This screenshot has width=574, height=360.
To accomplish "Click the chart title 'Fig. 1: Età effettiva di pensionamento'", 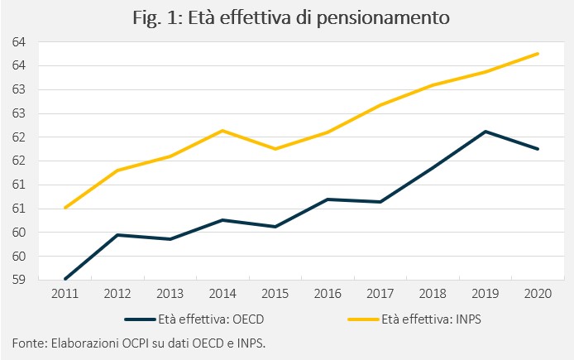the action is click(291, 18).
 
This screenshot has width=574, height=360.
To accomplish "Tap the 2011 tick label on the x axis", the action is click(65, 294).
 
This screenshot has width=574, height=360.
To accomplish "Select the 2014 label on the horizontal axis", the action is click(222, 294).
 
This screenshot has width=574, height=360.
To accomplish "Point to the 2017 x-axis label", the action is click(380, 294).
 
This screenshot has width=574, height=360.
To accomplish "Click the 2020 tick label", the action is click(538, 294).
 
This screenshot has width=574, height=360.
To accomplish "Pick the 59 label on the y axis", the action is click(19, 280).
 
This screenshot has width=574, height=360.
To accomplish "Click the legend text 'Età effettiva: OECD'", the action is click(211, 319).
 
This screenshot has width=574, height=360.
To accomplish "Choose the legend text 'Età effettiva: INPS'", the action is click(431, 319).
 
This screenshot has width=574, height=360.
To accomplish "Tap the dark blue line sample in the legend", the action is click(141, 319).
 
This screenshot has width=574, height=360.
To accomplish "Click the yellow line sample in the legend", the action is click(363, 319).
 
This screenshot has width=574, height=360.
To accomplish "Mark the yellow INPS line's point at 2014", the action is click(222, 131).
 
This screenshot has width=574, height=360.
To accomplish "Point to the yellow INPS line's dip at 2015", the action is click(275, 149).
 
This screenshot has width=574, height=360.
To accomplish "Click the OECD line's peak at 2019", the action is click(486, 132).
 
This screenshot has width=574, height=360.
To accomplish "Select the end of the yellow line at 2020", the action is click(538, 54).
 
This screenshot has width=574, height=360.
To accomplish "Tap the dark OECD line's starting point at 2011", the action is click(65, 279).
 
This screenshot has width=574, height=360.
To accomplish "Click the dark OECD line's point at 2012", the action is click(117, 235).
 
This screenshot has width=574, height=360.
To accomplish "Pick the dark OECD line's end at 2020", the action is click(538, 149).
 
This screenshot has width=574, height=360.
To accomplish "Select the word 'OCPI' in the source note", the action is click(135, 343).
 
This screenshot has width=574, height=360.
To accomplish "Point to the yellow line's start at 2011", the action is click(65, 208).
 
